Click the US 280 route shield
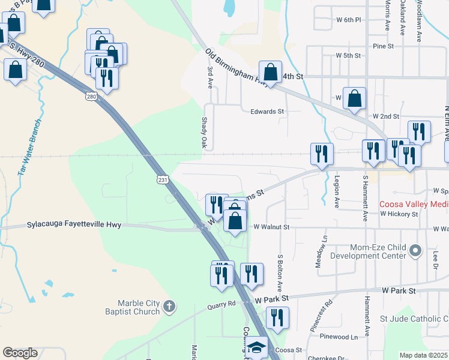click(91, 96)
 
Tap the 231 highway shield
click(163, 179)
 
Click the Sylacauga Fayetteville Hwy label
click(74, 225)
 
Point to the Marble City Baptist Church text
click(130, 307)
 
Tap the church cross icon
click(170, 307)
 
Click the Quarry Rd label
click(223, 304)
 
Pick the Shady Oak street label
click(204, 133)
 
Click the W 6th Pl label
click(349, 20)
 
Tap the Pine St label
click(382, 46)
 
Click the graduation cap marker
click(257, 348)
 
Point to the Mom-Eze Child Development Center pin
click(414, 251)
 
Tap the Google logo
click(20, 353)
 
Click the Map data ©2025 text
click(423, 355)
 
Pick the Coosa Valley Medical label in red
click(414, 205)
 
